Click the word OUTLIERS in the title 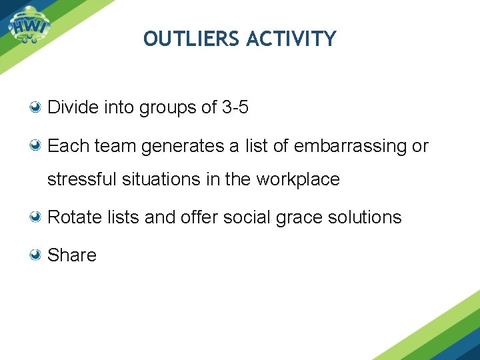point(192,39)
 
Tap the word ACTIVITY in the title point(291,39)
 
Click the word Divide point(73,107)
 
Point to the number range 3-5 point(235,107)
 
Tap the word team point(115,146)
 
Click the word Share point(72,255)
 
